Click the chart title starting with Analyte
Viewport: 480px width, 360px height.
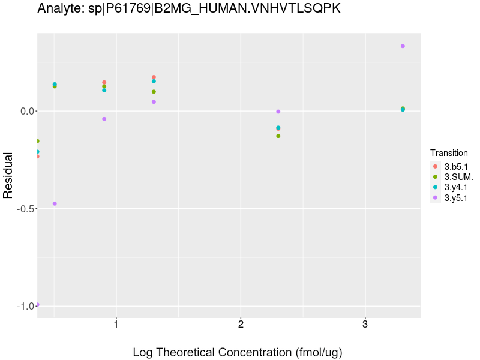pos(189,9)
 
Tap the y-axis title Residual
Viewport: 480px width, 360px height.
pos(8,175)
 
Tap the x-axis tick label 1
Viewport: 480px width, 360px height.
pos(116,325)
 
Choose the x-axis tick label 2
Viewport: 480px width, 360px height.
pos(241,325)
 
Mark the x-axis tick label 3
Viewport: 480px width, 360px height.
pos(365,325)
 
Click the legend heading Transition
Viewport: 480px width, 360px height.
pos(449,153)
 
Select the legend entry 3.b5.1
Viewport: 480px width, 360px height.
pos(455,166)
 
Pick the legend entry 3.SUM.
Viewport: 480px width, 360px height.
pos(458,177)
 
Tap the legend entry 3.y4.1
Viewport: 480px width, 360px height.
pos(455,187)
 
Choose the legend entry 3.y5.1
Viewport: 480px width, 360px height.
pos(455,197)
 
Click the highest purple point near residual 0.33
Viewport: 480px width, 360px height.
pos(403,46)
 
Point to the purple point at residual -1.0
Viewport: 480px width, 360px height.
pos(37,304)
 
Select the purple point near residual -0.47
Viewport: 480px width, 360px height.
pos(55,203)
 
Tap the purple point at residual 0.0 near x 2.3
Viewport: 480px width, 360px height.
pos(278,112)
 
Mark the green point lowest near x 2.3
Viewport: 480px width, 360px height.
pos(278,136)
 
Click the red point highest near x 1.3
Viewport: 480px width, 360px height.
pos(154,77)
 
